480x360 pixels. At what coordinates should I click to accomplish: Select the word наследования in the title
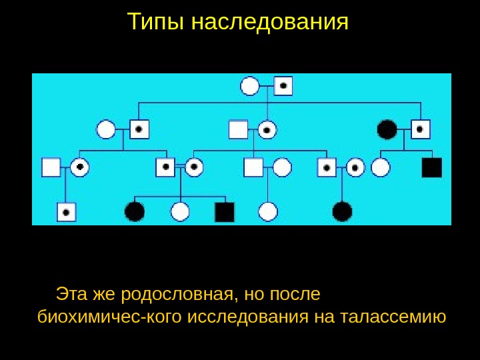270,22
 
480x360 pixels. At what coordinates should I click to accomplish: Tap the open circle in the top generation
250,86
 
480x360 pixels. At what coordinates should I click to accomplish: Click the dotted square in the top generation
283,86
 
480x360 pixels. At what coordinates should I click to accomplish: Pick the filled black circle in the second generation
387,129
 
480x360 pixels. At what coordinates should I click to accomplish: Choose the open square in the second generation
238,129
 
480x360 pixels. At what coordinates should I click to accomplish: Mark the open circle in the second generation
106,129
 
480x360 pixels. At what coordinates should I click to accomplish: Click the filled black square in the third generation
432,167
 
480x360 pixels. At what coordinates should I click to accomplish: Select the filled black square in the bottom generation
225,212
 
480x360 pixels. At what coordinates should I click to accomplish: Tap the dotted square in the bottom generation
66,212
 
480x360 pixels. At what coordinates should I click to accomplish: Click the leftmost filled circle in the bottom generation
135,212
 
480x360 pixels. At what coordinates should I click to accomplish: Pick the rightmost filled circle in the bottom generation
342,212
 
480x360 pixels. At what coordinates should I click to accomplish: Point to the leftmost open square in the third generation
51,167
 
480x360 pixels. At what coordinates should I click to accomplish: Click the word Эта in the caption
71,294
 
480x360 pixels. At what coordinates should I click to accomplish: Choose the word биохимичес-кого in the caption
111,315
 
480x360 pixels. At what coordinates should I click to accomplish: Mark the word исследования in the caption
248,315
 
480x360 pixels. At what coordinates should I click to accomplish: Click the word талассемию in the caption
393,315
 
